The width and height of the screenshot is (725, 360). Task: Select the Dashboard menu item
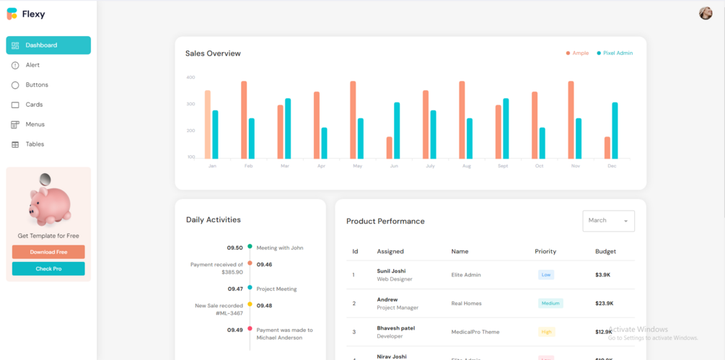coord(48,45)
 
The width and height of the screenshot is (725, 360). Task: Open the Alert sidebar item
coord(32,65)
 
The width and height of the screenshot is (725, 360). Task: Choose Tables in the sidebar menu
coord(35,144)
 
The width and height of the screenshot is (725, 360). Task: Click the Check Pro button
coord(48,269)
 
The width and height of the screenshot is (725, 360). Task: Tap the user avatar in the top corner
coord(706,13)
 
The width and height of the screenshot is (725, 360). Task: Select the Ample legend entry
coord(577,53)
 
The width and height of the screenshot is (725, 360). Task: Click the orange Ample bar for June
coord(390,148)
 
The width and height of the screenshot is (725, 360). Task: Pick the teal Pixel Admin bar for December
coord(615,131)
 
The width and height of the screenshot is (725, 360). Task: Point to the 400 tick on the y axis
coord(190,77)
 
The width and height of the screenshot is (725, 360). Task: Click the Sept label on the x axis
coord(502,166)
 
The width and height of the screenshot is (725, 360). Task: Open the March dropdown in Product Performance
coord(608,221)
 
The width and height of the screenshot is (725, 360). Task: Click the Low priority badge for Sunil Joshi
coord(546,275)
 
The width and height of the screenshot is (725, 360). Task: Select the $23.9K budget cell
coord(605,304)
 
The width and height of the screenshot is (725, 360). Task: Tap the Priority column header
coord(545,252)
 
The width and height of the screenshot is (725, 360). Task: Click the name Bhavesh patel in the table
coord(396,328)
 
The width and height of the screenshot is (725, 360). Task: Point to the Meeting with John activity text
coord(280,247)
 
